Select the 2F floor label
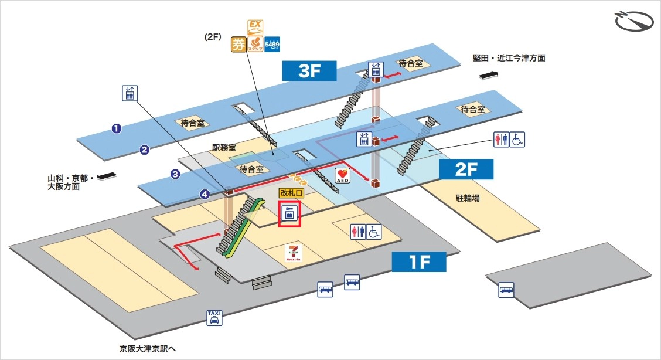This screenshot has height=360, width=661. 466,169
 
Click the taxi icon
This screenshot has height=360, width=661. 214,318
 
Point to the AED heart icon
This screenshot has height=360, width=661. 343,175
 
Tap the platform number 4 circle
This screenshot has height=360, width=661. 205,195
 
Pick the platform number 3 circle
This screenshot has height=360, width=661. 175,174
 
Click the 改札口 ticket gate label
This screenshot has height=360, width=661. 291,192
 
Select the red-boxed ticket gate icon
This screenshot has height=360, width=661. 289,213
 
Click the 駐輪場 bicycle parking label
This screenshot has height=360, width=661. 468,198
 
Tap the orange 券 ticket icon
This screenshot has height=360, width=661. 238,45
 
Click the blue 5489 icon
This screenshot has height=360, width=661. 272,45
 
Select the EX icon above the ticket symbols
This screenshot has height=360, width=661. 254,27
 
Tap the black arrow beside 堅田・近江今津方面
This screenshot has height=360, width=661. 488,74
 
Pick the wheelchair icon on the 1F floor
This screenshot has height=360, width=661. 373,232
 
